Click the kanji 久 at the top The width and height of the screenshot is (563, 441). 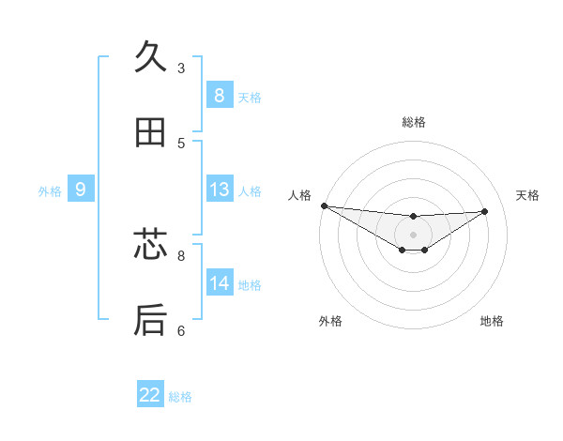click(151, 57)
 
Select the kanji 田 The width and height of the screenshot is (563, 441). click(151, 132)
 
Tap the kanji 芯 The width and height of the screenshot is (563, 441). click(151, 245)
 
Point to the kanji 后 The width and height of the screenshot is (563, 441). click(151, 320)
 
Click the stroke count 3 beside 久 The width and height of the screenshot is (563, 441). click(181, 68)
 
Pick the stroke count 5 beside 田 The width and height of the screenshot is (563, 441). click(181, 143)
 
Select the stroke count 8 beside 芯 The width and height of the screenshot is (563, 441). click(181, 254)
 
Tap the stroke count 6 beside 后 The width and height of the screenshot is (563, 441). click(181, 330)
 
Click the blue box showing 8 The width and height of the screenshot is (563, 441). click(219, 95)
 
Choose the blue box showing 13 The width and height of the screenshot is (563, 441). click(219, 190)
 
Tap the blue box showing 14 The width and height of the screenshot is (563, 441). click(219, 283)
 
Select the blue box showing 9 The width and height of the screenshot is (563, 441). click(81, 190)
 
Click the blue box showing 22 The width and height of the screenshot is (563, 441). click(150, 395)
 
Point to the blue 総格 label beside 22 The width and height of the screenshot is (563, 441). click(180, 397)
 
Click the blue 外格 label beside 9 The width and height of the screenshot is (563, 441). click(50, 191)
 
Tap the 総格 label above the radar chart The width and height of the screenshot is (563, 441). click(414, 122)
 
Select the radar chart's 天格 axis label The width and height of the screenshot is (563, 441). click(527, 195)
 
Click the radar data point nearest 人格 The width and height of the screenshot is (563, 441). click(324, 205)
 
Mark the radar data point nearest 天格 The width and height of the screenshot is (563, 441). click(485, 211)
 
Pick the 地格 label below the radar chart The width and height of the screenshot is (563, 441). click(492, 321)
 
